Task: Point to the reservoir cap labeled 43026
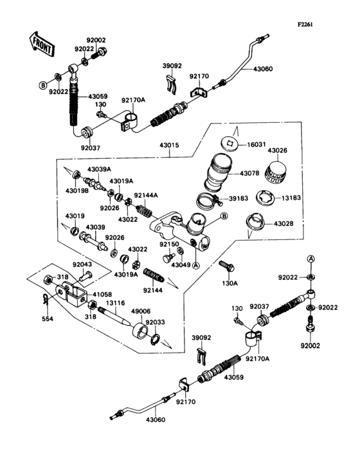[276, 171]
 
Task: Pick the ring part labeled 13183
[269, 197]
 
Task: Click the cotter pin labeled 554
[43, 300]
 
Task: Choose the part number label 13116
[116, 302]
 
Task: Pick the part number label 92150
[169, 245]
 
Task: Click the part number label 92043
[82, 264]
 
